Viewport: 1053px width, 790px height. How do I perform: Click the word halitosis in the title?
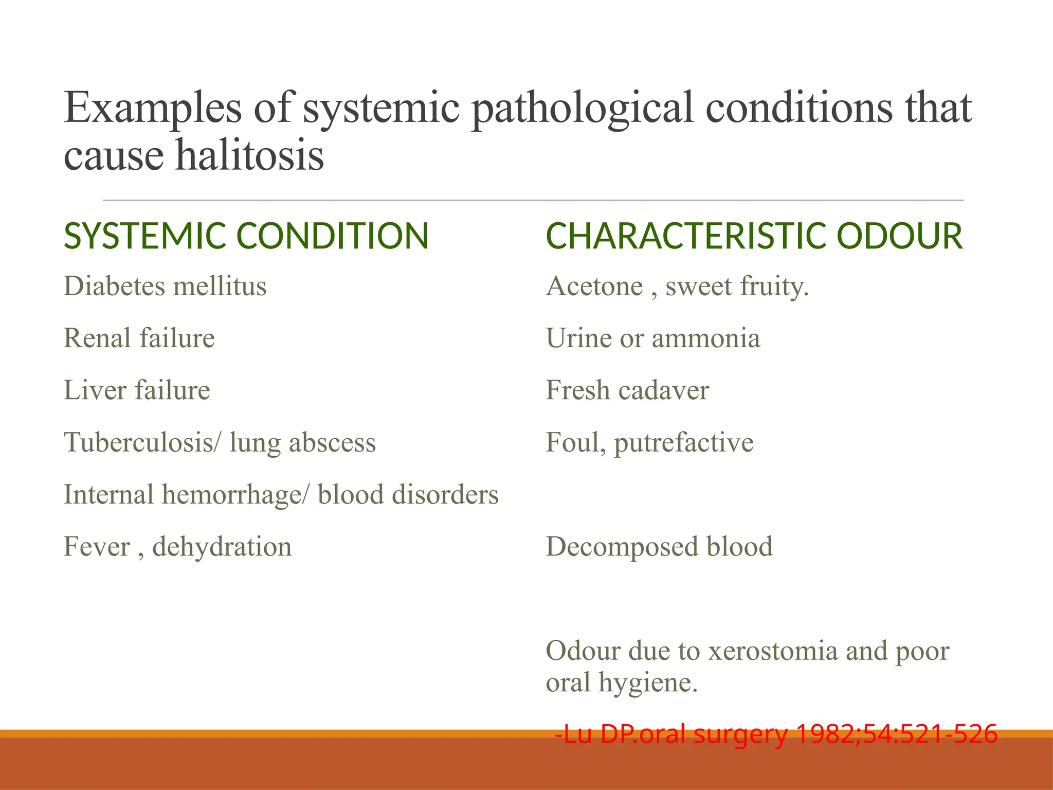250,155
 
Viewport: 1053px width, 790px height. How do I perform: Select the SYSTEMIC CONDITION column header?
246,236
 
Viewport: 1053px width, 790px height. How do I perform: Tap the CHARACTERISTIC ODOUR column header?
754,236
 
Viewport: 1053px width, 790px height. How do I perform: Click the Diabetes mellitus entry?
165,286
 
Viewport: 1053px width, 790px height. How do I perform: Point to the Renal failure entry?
139,338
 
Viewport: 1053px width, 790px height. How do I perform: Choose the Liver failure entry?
137,390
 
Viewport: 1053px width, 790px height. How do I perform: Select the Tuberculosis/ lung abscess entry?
220,442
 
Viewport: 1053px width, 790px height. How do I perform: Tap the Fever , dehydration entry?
177,546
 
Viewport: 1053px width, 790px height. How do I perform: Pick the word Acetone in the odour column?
594,286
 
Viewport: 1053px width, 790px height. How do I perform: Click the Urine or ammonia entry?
652,338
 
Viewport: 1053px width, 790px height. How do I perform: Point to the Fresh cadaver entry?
627,390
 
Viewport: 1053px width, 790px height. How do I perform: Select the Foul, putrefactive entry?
649,442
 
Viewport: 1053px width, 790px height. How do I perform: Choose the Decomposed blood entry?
659,546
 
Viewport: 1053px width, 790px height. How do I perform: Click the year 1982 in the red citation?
821,733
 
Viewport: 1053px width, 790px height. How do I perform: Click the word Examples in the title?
153,108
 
